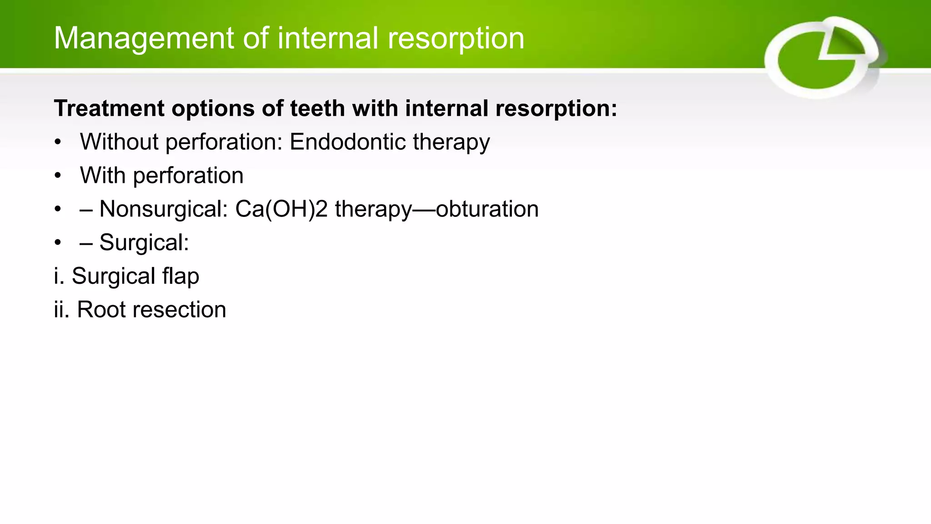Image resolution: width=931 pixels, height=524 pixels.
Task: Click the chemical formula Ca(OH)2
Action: (x=281, y=209)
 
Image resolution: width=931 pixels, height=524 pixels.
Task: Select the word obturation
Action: (x=487, y=209)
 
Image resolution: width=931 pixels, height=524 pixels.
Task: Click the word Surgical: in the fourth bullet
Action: (x=144, y=242)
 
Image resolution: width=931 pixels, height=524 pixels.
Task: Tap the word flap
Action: (x=181, y=276)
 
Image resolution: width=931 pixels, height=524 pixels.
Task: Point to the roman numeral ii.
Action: (x=61, y=310)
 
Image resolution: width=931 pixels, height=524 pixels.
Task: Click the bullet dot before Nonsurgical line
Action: (x=57, y=209)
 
